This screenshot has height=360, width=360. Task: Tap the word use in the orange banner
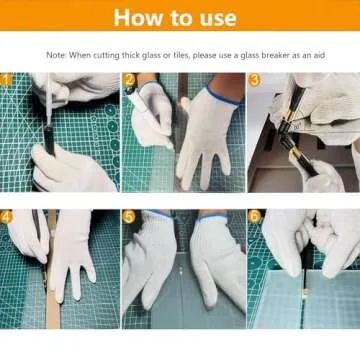coord(216,17)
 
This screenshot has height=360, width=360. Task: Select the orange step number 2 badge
coord(129,78)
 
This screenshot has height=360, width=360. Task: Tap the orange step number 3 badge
coord(253,78)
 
